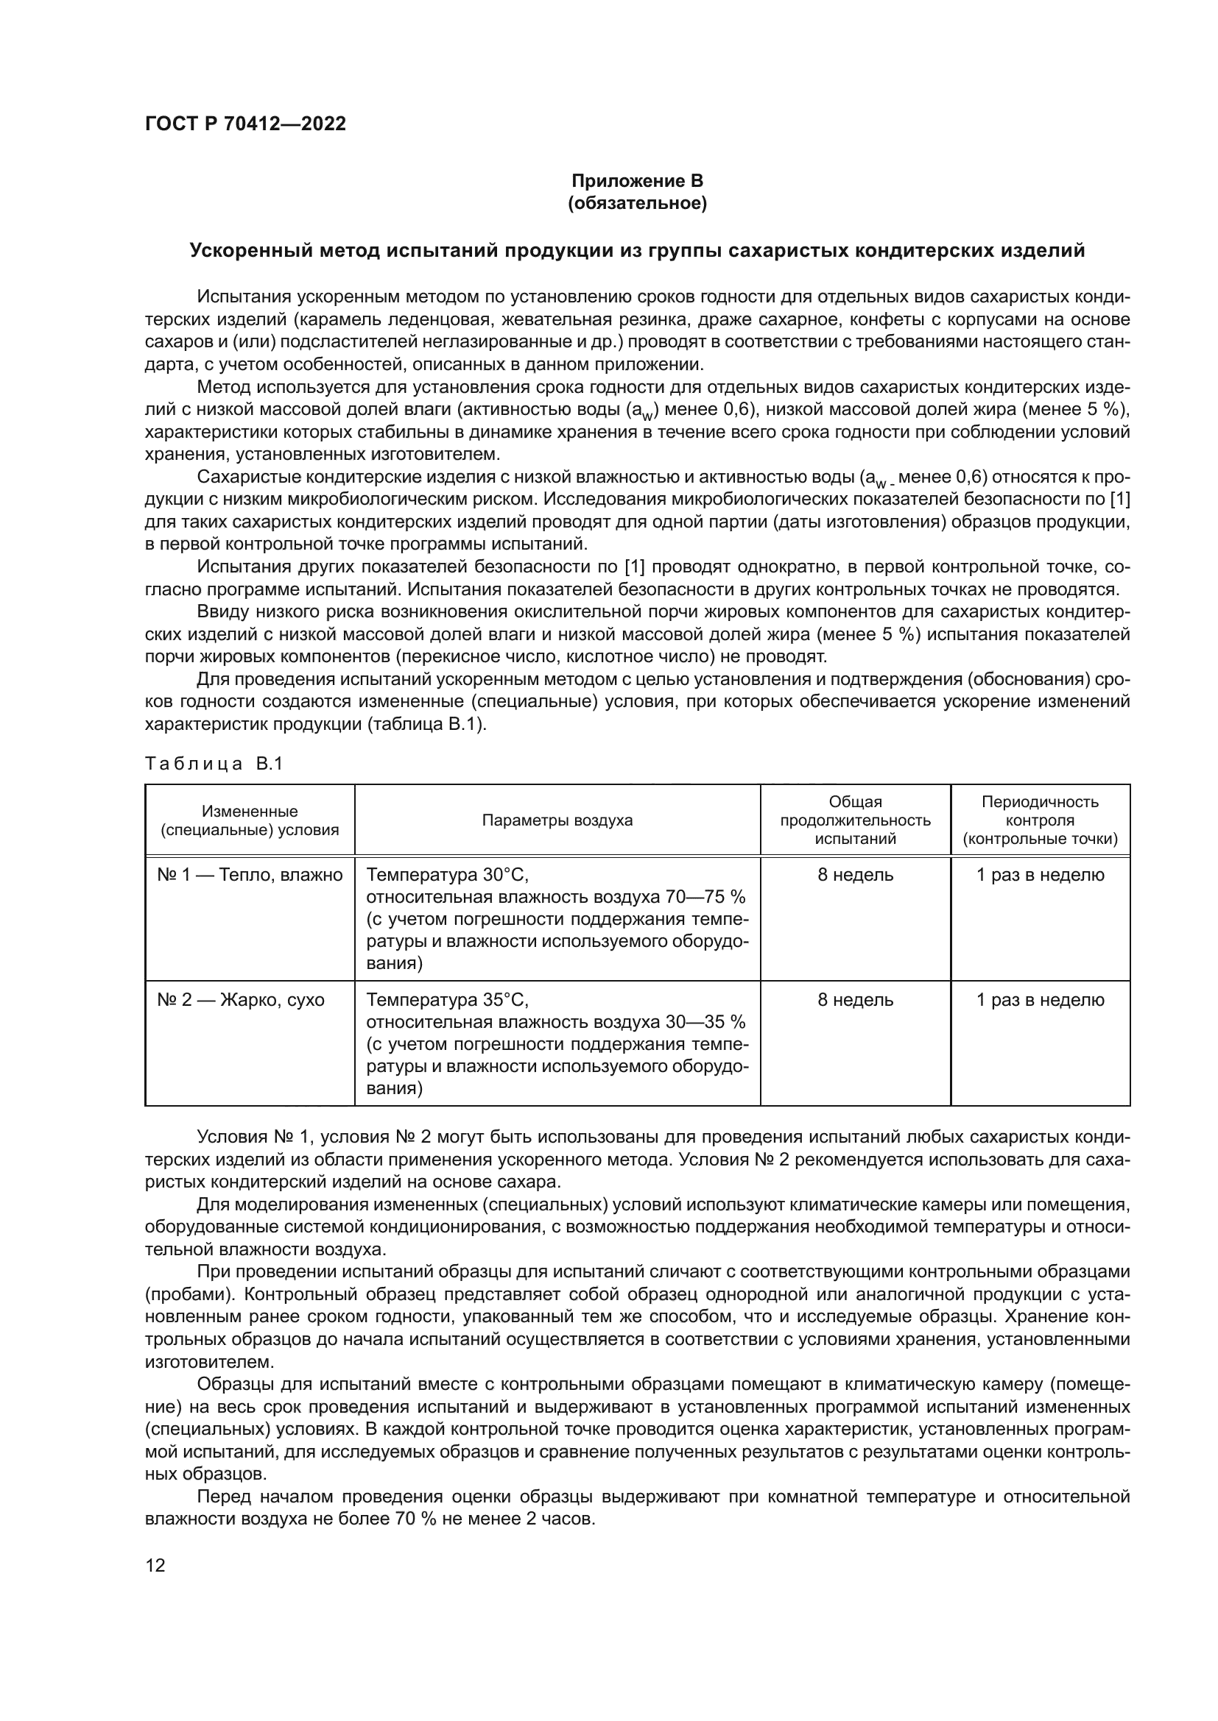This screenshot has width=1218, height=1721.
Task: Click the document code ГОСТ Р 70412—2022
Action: (245, 124)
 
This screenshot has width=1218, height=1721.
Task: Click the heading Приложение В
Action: (637, 182)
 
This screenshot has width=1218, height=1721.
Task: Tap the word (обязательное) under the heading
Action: (637, 204)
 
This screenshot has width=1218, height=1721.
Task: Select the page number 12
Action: (155, 1565)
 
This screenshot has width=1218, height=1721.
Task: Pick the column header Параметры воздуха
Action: (557, 820)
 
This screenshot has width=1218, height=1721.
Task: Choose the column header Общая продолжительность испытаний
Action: (855, 820)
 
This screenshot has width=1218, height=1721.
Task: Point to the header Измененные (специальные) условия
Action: (249, 820)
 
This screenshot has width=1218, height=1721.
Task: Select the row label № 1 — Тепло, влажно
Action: (249, 875)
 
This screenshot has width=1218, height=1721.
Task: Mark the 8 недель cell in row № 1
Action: (855, 875)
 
